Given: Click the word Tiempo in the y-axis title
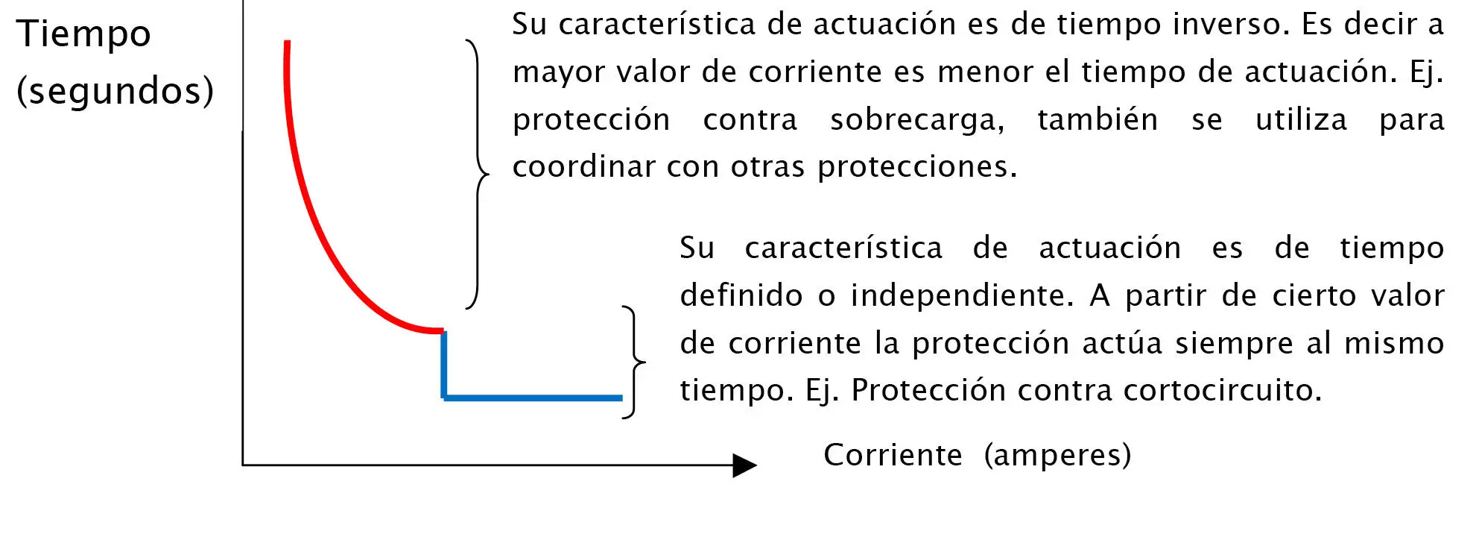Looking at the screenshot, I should tap(83, 34).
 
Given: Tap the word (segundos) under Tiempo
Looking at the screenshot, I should tap(115, 91).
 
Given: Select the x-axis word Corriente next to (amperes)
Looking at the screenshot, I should tap(892, 455).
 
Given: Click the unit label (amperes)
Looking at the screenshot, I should tap(1057, 455).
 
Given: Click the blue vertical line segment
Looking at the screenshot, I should tap(444, 364).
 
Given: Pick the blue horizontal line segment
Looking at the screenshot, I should tap(533, 398).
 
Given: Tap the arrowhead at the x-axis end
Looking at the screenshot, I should tap(744, 465).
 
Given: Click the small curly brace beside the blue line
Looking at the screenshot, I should tap(635, 362).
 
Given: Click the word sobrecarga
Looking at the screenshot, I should tap(916, 120).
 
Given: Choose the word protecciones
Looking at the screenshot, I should tap(916, 167).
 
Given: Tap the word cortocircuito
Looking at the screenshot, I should tap(1222, 390).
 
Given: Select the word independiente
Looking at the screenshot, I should tap(962, 295).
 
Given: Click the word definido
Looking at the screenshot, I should tap(741, 295).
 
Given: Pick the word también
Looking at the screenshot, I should tap(1098, 120).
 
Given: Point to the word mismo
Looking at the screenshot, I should tap(1393, 343).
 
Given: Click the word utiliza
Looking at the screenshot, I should tap(1301, 120).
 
